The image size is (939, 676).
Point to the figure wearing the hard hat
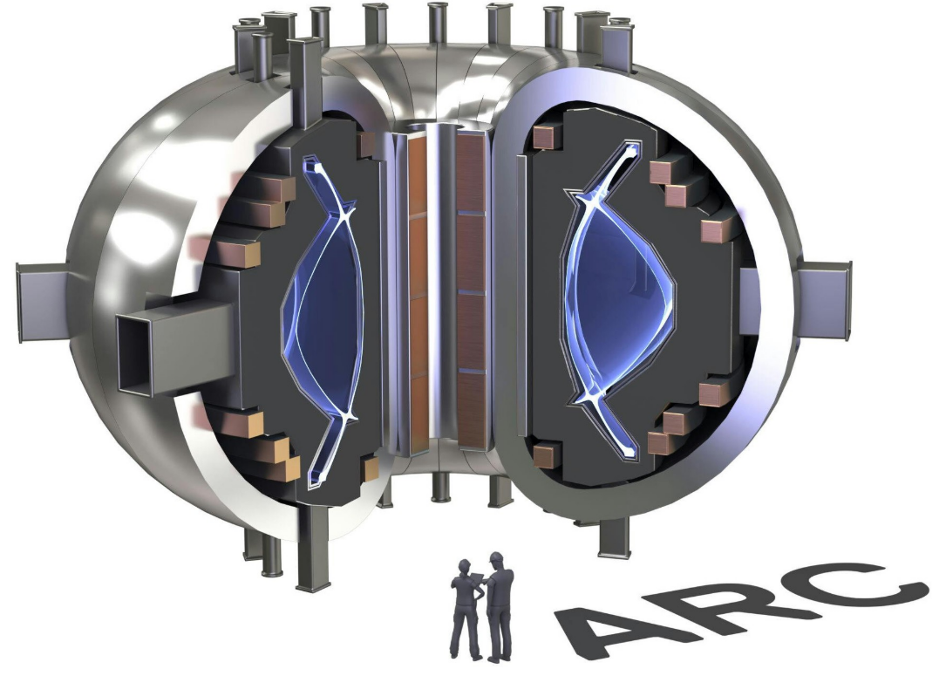[500, 606]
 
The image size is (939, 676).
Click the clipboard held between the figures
[479, 577]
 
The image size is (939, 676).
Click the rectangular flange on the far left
[42, 303]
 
